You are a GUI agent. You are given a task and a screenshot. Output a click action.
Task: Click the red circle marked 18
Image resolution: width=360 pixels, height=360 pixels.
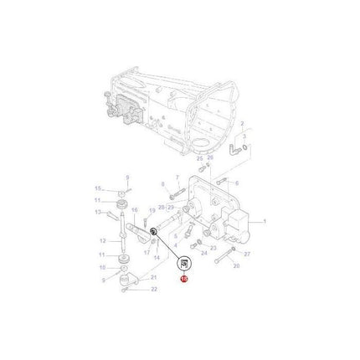(184, 281)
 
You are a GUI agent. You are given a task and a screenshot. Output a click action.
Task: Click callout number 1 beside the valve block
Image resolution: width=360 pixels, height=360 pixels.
(265, 221)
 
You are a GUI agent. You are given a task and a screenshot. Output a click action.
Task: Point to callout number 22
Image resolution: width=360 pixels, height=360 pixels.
(154, 289)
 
